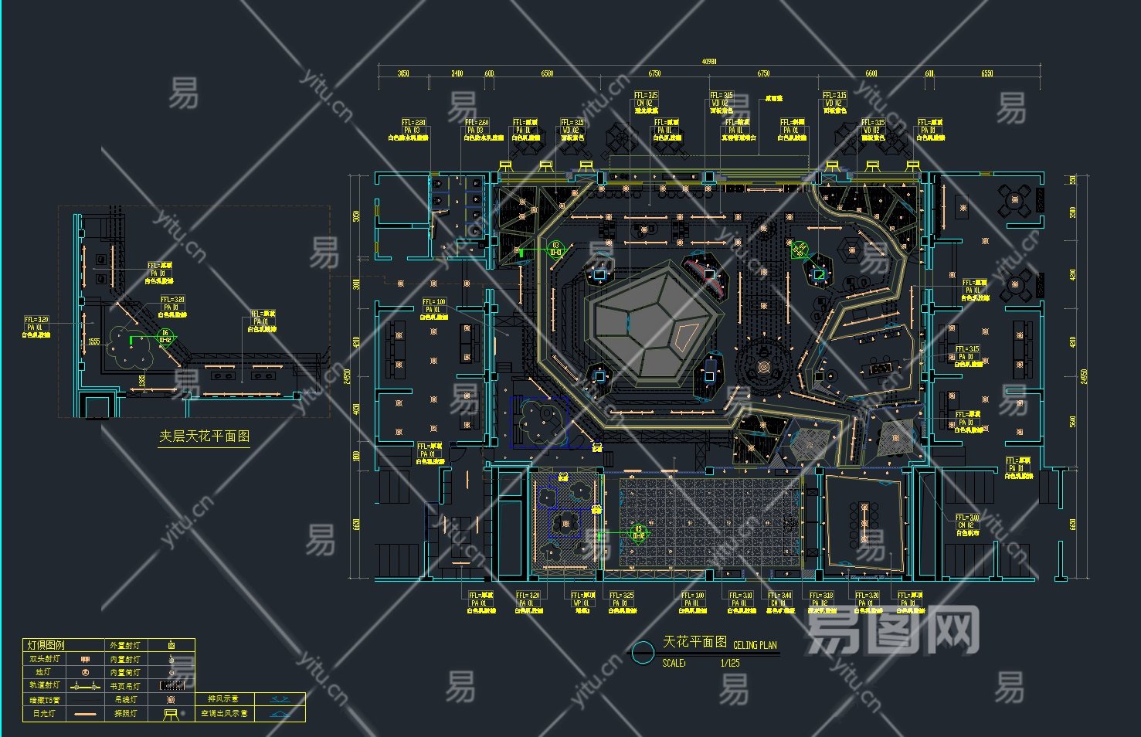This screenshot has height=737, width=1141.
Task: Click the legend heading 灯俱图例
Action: tap(46, 645)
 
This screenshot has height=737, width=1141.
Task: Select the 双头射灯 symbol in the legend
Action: tap(86, 659)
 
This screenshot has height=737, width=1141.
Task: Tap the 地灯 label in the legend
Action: tap(43, 672)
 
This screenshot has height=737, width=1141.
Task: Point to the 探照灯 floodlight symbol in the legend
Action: tap(171, 714)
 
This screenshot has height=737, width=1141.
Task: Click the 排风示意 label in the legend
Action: tap(222, 699)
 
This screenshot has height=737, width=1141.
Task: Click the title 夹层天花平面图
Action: tap(205, 436)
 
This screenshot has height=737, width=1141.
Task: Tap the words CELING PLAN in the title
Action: tap(755, 645)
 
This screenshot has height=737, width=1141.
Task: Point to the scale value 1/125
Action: tap(730, 663)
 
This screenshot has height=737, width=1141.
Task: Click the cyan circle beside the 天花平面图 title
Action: tap(643, 653)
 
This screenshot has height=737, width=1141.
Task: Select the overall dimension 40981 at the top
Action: tap(708, 62)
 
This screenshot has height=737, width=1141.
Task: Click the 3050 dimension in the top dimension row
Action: tap(402, 74)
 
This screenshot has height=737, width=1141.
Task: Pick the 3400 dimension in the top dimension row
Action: tap(457, 74)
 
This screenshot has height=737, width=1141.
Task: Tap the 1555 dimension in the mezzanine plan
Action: tap(93, 341)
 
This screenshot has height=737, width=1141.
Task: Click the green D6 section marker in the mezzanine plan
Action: tap(165, 336)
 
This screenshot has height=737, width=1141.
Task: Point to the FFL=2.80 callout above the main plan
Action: tap(413, 123)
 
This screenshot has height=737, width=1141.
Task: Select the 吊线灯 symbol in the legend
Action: tap(171, 700)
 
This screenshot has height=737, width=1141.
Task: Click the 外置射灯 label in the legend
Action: tap(125, 645)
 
